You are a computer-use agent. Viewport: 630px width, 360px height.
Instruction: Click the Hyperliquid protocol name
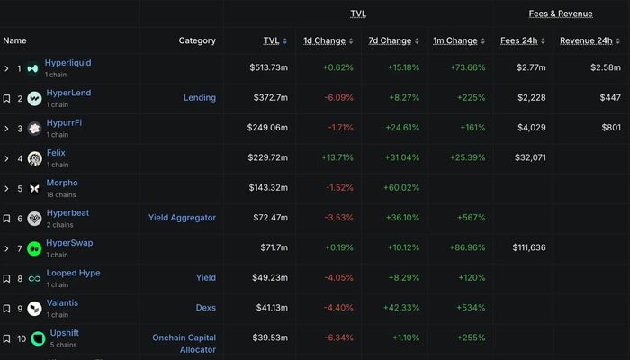click(x=67, y=62)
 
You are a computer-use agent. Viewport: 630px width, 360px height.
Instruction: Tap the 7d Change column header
click(x=390, y=40)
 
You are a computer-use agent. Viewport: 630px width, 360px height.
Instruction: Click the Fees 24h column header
click(x=519, y=40)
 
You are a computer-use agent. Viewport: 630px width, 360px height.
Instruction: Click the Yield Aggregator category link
click(x=182, y=217)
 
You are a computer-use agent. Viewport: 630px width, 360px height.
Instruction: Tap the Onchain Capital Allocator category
click(x=184, y=344)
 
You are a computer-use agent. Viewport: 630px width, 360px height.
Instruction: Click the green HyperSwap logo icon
click(x=34, y=248)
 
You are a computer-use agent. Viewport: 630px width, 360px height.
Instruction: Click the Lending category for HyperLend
click(x=199, y=98)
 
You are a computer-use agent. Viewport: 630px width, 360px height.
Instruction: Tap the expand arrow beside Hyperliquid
click(x=6, y=68)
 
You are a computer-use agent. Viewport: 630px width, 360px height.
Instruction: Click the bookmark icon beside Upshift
click(x=6, y=338)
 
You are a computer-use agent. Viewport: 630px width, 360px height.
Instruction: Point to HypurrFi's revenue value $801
click(x=611, y=128)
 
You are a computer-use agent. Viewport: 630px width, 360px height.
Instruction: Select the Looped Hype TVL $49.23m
click(x=269, y=277)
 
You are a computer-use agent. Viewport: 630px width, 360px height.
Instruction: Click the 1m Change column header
click(x=455, y=40)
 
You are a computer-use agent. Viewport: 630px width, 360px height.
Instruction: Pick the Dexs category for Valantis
click(x=205, y=307)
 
